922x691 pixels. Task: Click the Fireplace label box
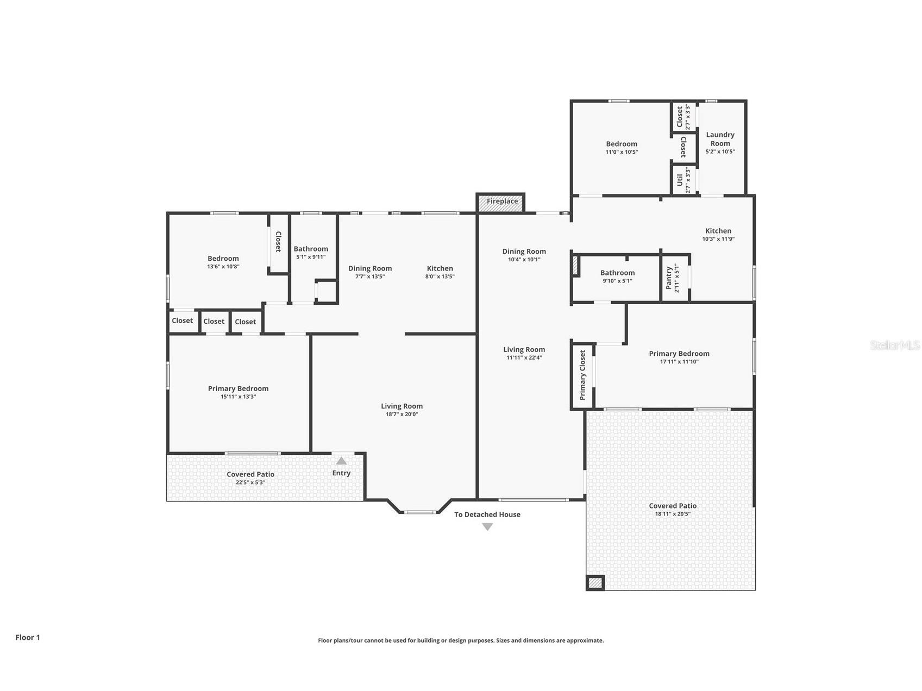501,202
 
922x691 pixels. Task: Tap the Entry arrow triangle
341,461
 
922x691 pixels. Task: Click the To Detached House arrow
487,526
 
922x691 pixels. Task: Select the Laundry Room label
720,139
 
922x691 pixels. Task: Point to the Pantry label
669,278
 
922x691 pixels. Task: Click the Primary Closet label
582,375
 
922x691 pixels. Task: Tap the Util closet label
680,180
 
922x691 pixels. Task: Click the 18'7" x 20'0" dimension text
402,414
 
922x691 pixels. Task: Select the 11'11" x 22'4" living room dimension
524,357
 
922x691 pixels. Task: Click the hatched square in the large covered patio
595,583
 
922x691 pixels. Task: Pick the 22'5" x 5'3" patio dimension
250,482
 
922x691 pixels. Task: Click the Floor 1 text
28,637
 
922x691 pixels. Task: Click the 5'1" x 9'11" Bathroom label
311,249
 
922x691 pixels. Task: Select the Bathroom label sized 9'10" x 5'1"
617,273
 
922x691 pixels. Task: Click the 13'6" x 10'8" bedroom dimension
223,267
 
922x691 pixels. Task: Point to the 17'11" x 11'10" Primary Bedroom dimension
679,362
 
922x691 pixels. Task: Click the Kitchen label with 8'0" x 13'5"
440,268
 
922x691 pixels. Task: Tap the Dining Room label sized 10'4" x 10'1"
524,252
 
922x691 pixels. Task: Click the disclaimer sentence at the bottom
461,640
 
